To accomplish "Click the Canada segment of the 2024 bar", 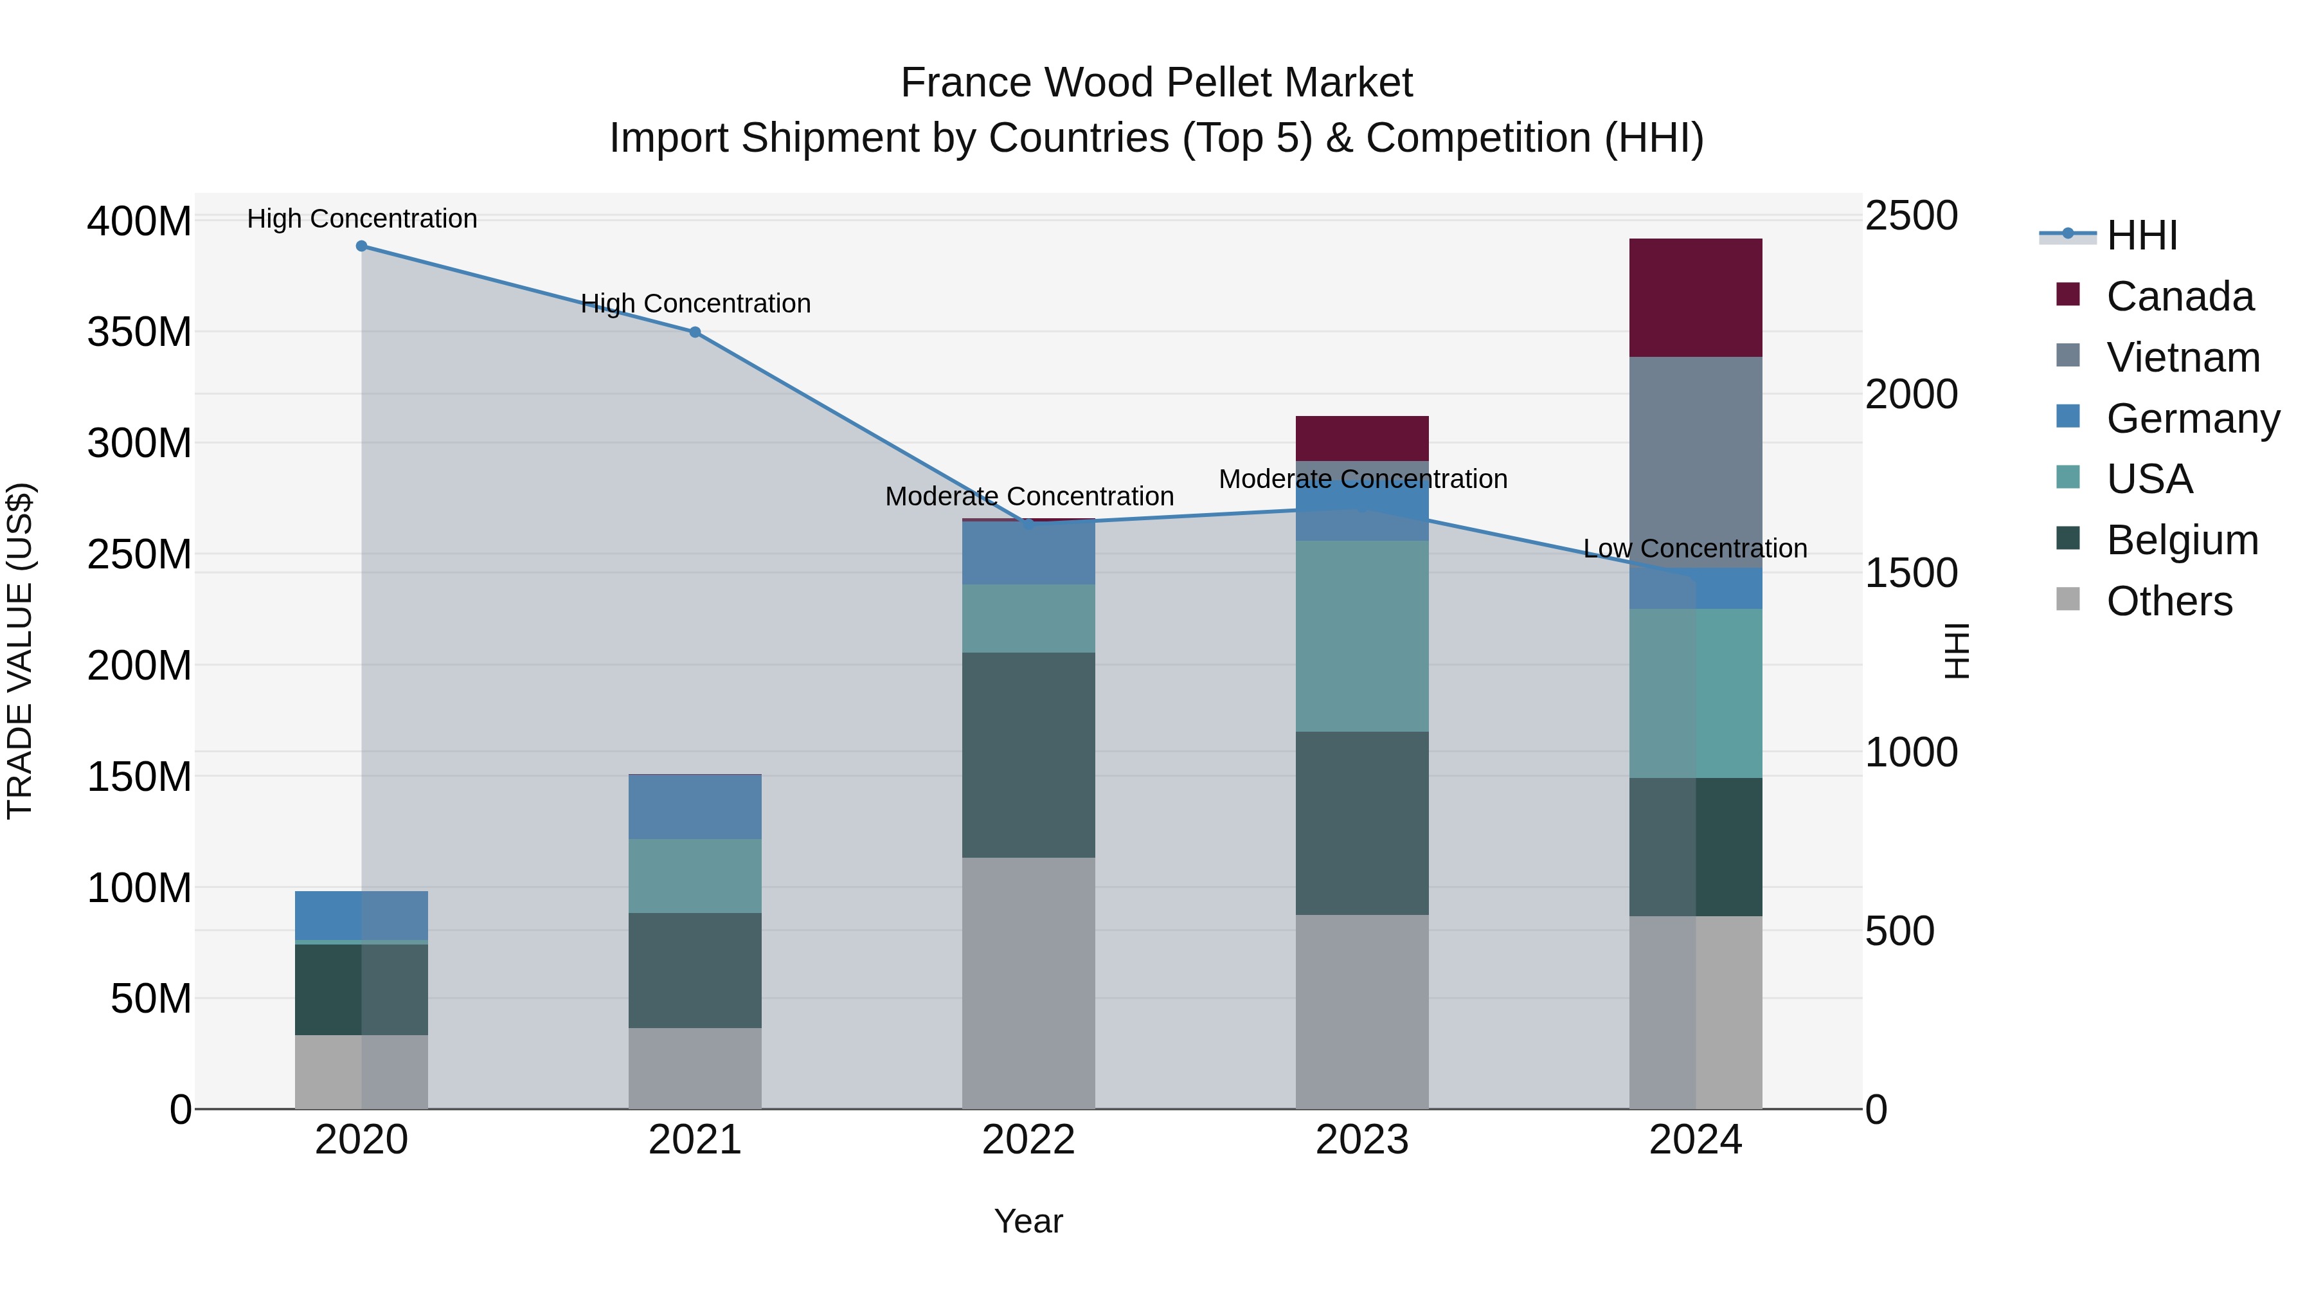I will coord(1695,298).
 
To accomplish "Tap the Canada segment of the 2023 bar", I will coord(1362,438).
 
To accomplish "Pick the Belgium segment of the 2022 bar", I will coord(1028,755).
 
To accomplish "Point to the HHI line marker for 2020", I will coord(361,246).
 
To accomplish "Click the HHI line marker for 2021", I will coord(694,332).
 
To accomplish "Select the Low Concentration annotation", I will coord(1694,548).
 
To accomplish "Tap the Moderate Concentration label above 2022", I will coord(1028,496).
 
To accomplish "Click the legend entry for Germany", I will coord(2192,419).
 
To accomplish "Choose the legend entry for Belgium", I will coord(2181,540).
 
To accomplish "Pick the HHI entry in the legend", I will coord(2142,235).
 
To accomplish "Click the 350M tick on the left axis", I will coord(139,332).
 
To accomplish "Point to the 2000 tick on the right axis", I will coord(1911,395).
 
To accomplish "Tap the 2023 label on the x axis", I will coord(1362,1140).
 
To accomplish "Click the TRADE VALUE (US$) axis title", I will coord(20,651).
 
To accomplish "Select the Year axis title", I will coord(1028,1221).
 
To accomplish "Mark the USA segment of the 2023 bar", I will coord(1362,635).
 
